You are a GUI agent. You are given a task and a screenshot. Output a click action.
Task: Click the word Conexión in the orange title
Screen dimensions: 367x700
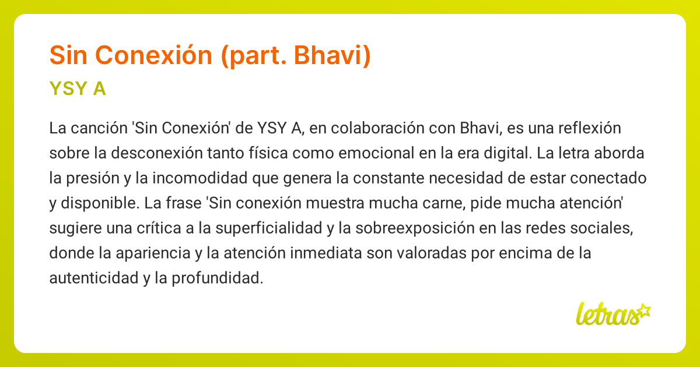tap(153, 55)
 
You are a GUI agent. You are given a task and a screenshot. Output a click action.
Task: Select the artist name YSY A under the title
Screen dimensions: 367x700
tap(78, 89)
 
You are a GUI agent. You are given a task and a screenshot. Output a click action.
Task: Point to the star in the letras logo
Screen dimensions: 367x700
tap(644, 310)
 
